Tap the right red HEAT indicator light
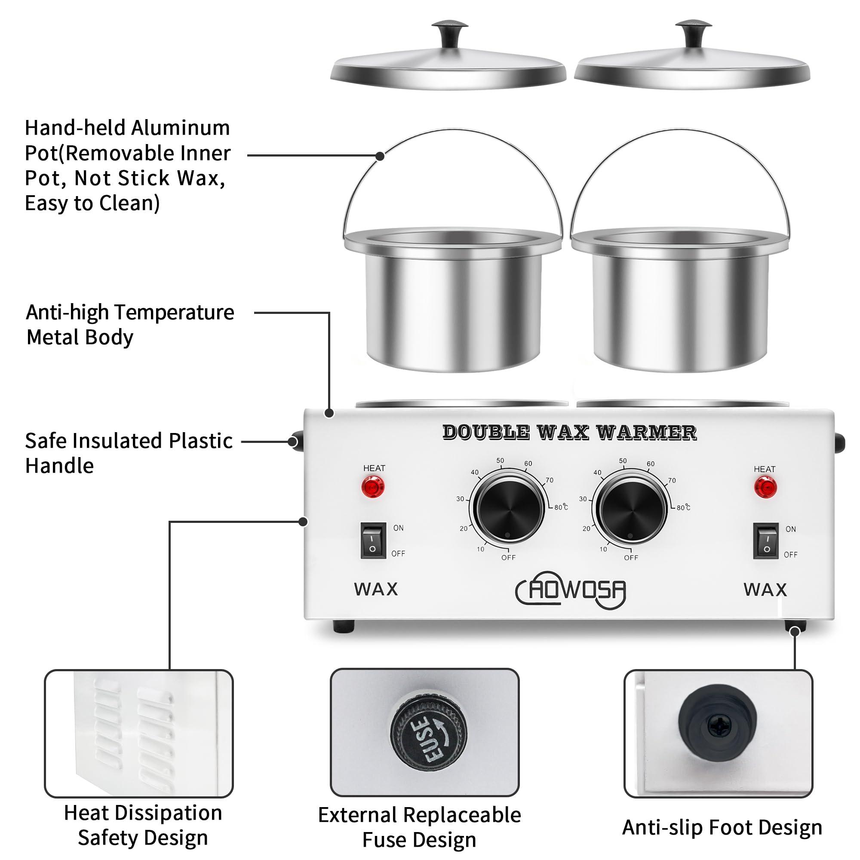pos(765,487)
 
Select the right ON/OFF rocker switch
pos(766,541)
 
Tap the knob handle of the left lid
pos(450,33)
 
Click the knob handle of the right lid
pos(693,33)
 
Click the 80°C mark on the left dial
pos(561,507)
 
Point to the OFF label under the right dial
pos(631,558)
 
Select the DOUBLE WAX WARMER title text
pos(569,432)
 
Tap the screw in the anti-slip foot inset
pos(719,726)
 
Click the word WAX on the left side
pos(376,590)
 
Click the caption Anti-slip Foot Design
pos(722,827)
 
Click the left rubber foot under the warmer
pos(344,627)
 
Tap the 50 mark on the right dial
pos(622,461)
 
